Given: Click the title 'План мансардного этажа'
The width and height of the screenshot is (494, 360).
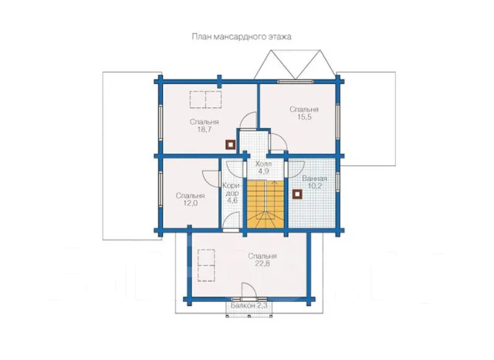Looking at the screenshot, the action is click(x=242, y=37).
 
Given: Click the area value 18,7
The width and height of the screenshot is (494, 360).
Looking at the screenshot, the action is click(x=204, y=130).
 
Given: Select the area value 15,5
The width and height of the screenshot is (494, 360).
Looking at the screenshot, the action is click(x=304, y=117).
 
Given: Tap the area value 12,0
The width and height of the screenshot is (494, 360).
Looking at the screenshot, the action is click(x=191, y=203).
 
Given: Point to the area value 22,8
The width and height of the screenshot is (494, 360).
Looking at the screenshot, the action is click(x=262, y=264).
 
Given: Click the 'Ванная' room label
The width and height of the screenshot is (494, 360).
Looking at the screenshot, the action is click(x=314, y=178).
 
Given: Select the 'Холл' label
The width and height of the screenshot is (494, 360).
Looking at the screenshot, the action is click(x=263, y=164).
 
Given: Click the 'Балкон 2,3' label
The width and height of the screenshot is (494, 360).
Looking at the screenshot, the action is click(x=249, y=305).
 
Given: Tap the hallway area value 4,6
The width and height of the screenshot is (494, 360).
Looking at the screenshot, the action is click(x=232, y=201).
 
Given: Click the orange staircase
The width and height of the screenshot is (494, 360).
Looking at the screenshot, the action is click(x=266, y=204).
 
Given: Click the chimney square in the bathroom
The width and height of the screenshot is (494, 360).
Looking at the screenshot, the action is click(x=296, y=194).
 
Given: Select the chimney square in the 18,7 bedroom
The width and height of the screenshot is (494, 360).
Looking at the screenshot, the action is click(x=231, y=144).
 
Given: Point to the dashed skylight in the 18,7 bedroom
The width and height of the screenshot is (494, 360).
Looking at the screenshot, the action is click(x=205, y=100).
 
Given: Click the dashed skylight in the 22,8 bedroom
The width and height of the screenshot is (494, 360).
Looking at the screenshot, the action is click(x=206, y=265).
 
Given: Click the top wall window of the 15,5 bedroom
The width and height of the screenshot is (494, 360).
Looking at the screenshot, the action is click(x=296, y=82).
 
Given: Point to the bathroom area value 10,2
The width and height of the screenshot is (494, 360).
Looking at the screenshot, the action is click(x=315, y=186).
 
